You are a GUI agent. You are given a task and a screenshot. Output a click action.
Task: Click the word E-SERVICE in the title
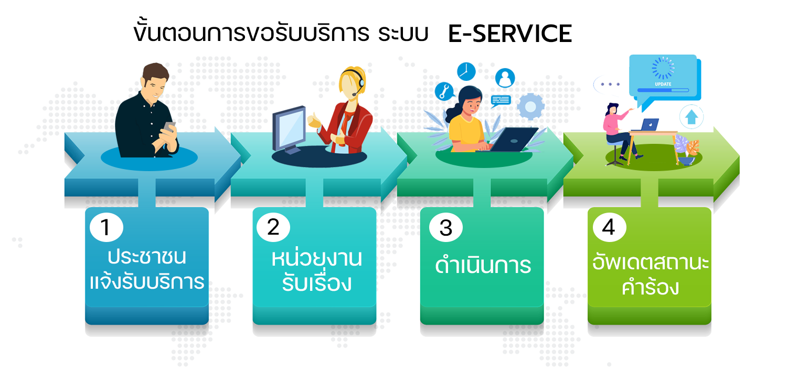click(x=510, y=34)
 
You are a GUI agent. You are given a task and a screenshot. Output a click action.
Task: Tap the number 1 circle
click(x=107, y=227)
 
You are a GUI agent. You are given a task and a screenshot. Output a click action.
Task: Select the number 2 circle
click(x=273, y=227)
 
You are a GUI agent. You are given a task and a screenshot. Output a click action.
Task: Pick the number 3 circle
click(x=446, y=227)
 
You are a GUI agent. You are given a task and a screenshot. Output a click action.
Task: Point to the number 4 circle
click(x=610, y=227)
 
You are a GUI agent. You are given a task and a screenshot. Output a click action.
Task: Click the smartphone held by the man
click(x=169, y=127)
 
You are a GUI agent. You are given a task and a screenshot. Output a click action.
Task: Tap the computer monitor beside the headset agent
click(x=289, y=129)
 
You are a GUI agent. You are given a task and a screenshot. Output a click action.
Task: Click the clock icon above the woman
click(x=466, y=71)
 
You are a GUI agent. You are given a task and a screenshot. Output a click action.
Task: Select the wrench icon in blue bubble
click(x=444, y=91)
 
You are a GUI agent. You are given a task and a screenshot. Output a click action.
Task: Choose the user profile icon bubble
click(x=505, y=78)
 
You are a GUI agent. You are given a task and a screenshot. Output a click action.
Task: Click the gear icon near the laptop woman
click(x=530, y=106)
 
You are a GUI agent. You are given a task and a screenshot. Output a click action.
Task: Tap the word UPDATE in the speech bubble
click(x=663, y=84)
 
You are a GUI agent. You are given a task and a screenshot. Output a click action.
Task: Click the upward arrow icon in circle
click(x=692, y=117)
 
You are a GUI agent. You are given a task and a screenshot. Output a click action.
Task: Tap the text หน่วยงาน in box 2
click(x=316, y=258)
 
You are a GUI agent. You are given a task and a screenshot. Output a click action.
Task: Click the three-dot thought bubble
click(x=610, y=85)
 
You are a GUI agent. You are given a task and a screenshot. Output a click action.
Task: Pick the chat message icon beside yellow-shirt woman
click(x=501, y=101)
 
